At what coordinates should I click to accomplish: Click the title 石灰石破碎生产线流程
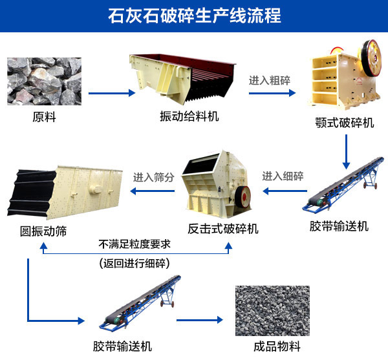(x=194, y=16)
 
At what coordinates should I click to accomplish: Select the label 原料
(x=43, y=117)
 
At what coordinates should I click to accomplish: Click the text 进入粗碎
(x=269, y=81)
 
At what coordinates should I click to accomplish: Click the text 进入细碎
(x=283, y=176)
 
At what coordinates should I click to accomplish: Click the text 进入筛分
(x=154, y=176)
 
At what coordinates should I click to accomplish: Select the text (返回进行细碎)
(x=135, y=263)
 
